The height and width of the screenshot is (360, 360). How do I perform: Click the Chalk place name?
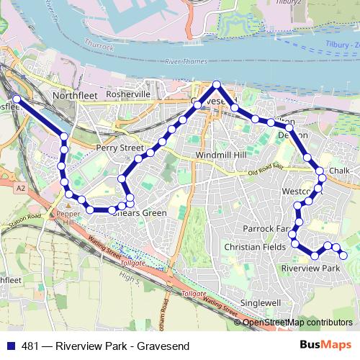click(x=338, y=170)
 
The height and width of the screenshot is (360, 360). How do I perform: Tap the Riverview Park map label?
click(x=310, y=268)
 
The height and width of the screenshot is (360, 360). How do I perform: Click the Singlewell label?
click(x=260, y=303)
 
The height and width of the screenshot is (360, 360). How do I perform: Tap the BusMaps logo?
click(x=326, y=345)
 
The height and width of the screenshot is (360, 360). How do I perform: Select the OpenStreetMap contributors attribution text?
click(x=297, y=323)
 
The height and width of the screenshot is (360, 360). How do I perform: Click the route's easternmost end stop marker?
click(x=343, y=255)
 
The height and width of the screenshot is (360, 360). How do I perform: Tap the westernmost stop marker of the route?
click(x=17, y=99)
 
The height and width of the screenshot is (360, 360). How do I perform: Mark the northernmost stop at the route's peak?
click(x=217, y=84)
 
